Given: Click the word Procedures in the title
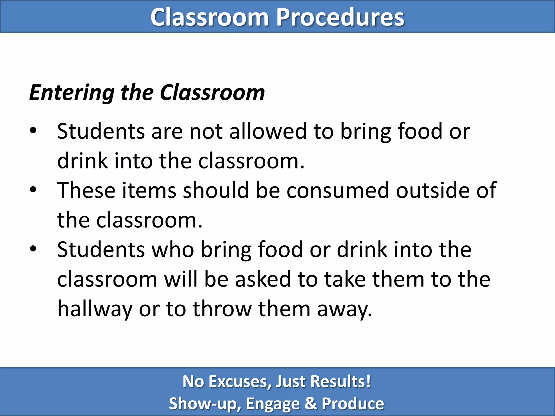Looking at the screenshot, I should coord(340,17).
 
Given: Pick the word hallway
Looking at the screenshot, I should coord(95,309).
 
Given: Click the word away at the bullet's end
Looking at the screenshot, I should coord(344,309).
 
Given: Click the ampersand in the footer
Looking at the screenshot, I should coord(311,403).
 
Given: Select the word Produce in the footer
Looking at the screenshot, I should coord(353,404).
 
